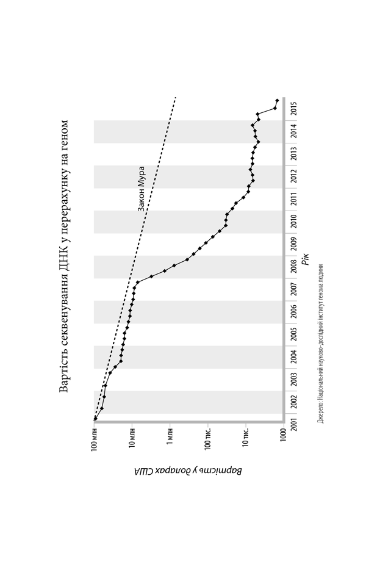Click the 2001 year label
[295, 425]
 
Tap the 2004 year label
[295, 357]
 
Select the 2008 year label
[295, 268]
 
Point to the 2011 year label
[295, 199]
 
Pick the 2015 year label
[295, 109]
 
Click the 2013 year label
[295, 154]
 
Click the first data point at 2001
[95, 419]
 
